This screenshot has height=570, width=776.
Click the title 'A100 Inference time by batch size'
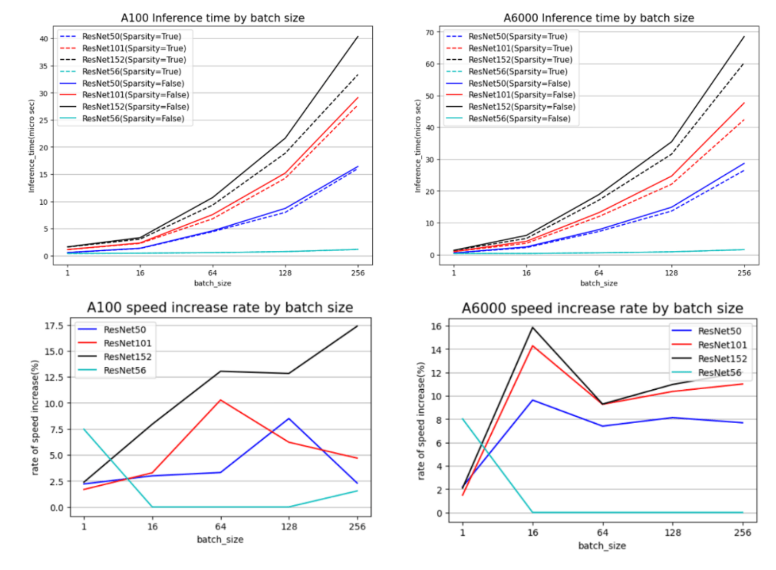pyautogui.click(x=212, y=18)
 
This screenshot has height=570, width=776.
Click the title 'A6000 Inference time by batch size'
pyautogui.click(x=598, y=18)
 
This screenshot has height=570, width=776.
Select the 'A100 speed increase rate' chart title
pyautogui.click(x=220, y=308)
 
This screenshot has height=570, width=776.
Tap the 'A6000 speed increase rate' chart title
pyautogui.click(x=602, y=309)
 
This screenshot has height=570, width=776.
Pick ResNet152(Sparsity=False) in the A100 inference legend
pyautogui.click(x=136, y=107)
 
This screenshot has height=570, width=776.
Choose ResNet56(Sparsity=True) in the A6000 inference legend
pyautogui.click(x=518, y=71)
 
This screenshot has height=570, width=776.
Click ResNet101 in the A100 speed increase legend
pyautogui.click(x=127, y=343)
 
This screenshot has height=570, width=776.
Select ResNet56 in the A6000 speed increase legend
pyautogui.click(x=719, y=373)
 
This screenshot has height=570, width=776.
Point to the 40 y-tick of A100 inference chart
pyautogui.click(x=44, y=39)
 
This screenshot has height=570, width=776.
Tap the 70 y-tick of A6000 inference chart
pyautogui.click(x=430, y=32)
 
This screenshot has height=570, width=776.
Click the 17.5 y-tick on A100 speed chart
pyautogui.click(x=54, y=326)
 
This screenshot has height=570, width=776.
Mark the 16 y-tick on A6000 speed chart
pyautogui.click(x=436, y=326)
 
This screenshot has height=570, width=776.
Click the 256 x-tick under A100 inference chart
pyautogui.click(x=358, y=273)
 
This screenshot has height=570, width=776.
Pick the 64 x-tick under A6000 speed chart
pyautogui.click(x=602, y=532)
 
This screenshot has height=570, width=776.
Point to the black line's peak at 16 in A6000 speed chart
pyautogui.click(x=532, y=328)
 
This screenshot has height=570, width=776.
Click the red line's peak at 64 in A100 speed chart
pyautogui.click(x=221, y=400)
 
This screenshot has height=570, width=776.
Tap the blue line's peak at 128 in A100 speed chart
pyautogui.click(x=289, y=419)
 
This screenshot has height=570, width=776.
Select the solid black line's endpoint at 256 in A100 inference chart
pyautogui.click(x=358, y=37)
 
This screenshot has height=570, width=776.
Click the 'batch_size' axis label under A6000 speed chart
pyautogui.click(x=602, y=546)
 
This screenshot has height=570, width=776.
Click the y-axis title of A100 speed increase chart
pyautogui.click(x=35, y=417)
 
